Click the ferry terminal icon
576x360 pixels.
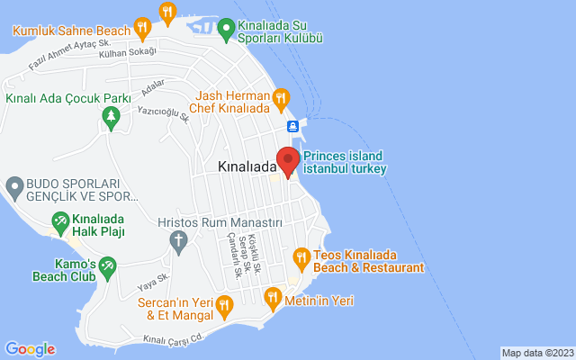click(293, 125)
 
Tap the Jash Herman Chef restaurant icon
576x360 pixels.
click(281, 96)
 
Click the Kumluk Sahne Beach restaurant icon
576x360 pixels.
click(143, 27)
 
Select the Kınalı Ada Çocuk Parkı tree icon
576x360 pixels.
click(111, 116)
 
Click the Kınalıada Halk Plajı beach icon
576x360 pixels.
click(60, 220)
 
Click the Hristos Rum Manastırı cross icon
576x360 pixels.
click(178, 240)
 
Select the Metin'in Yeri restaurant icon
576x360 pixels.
click(272, 297)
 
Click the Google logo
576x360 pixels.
click(30, 349)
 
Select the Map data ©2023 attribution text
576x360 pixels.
click(537, 353)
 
